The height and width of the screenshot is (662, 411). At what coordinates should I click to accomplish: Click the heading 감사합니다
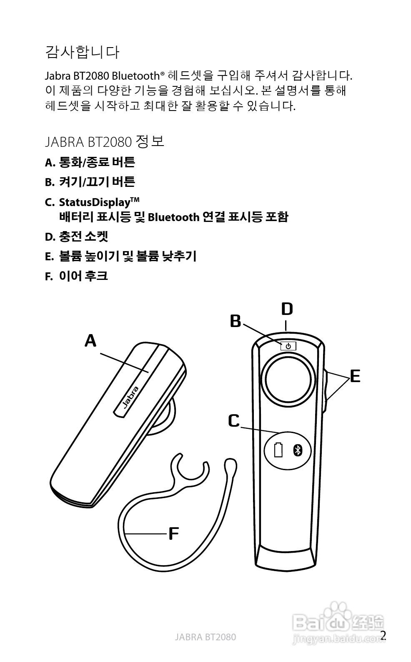pos(82,52)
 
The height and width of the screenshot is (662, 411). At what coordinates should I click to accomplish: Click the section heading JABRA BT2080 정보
pos(104,142)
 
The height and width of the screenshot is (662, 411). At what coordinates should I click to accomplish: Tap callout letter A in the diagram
pos(90,341)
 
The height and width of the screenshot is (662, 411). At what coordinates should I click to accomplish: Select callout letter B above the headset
pos(236,321)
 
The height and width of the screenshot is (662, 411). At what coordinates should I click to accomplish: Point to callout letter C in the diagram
pos(234,421)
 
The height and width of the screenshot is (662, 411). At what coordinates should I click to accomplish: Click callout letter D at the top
pos(287,309)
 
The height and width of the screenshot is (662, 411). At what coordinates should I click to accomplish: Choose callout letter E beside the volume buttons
pos(355,376)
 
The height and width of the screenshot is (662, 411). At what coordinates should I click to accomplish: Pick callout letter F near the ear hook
pos(173,534)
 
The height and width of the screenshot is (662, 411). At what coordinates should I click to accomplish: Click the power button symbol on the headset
pos(288,346)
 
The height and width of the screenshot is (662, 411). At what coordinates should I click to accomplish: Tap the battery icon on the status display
pos(278,450)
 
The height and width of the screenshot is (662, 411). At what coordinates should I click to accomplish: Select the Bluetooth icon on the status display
pos(297,450)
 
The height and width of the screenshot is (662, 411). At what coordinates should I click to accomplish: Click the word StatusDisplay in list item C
pos(95,203)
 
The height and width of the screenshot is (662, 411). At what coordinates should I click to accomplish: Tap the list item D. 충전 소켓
pos(77,237)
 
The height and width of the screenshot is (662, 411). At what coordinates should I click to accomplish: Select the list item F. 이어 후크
pos(77,276)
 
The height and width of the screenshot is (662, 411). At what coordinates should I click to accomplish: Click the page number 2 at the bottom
pos(383,636)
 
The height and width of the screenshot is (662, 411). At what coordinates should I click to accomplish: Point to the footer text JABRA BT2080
pos(205,637)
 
